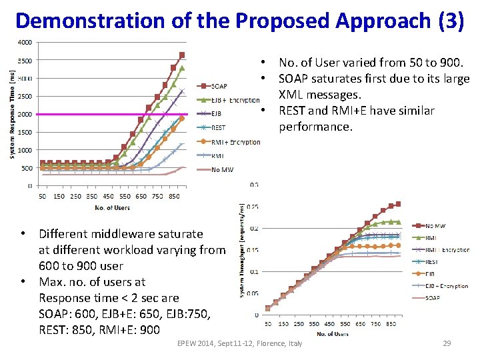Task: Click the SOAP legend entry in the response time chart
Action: [219, 85]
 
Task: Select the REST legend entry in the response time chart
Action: [218, 127]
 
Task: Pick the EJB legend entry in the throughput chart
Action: [432, 274]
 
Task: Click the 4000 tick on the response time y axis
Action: [24, 43]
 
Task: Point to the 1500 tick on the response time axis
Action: [24, 132]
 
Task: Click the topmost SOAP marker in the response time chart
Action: [182, 55]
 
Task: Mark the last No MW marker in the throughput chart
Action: [398, 204]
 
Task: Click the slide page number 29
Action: [447, 343]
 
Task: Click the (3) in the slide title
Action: [451, 21]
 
